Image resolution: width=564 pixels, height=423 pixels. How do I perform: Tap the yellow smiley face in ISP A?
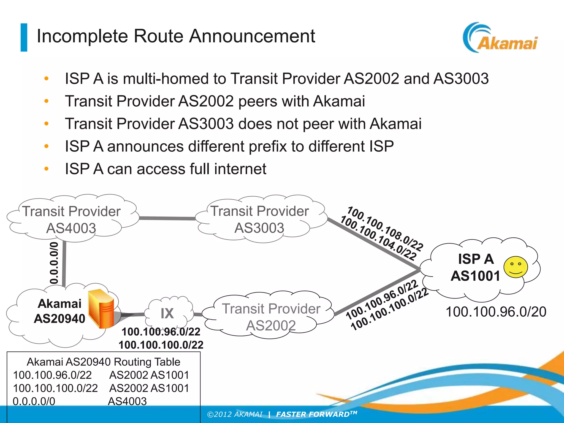click(x=516, y=267)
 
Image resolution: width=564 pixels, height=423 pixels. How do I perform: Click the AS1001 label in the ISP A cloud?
click(x=476, y=276)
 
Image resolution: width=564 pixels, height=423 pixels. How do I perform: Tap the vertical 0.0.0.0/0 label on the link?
click(x=54, y=263)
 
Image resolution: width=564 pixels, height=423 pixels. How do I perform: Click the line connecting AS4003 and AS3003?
click(x=167, y=218)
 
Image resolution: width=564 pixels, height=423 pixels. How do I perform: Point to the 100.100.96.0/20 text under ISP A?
click(x=496, y=312)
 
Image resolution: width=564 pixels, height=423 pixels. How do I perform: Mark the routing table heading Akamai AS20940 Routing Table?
click(x=103, y=362)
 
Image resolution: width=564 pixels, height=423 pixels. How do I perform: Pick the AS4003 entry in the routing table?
click(x=127, y=401)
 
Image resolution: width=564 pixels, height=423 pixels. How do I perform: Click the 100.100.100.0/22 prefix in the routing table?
click(x=55, y=388)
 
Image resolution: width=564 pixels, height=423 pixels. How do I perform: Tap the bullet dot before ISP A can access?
click(x=46, y=169)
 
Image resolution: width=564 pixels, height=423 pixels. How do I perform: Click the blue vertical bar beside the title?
click(x=24, y=37)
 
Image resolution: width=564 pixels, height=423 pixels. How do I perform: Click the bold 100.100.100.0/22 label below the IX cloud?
click(x=161, y=345)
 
